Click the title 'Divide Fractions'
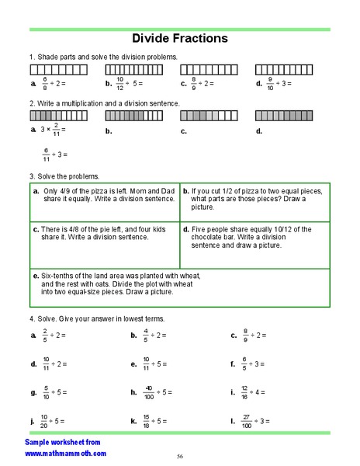[179, 38]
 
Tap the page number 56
[180, 456]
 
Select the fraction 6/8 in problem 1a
[45, 82]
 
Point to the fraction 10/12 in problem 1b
[120, 82]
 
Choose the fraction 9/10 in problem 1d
[270, 82]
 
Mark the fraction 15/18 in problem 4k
[145, 421]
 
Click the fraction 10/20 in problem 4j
[45, 421]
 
